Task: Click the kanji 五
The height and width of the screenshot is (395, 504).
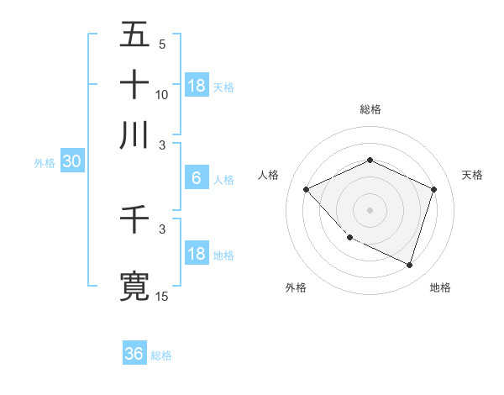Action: tap(135, 34)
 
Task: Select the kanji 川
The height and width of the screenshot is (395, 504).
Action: tap(135, 134)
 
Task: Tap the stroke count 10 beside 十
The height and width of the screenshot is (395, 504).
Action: tap(162, 94)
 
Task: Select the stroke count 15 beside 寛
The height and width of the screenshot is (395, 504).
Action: tap(162, 296)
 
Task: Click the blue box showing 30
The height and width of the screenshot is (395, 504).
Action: tap(71, 162)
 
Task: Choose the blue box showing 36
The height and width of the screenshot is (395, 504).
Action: tap(134, 354)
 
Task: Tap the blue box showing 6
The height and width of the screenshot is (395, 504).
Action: tap(197, 178)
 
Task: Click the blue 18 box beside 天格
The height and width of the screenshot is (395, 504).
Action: tap(197, 86)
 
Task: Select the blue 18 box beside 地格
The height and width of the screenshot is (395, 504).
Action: tap(197, 254)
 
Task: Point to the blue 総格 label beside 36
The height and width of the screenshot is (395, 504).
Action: tap(161, 355)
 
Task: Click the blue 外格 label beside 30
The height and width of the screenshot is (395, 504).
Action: tap(45, 163)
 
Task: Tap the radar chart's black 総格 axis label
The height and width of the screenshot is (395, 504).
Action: tap(370, 109)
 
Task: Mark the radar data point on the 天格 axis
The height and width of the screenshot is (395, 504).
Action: tap(434, 189)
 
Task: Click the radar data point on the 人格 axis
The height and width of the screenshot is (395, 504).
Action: tap(307, 189)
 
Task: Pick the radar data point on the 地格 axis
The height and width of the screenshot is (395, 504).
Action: tap(409, 265)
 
